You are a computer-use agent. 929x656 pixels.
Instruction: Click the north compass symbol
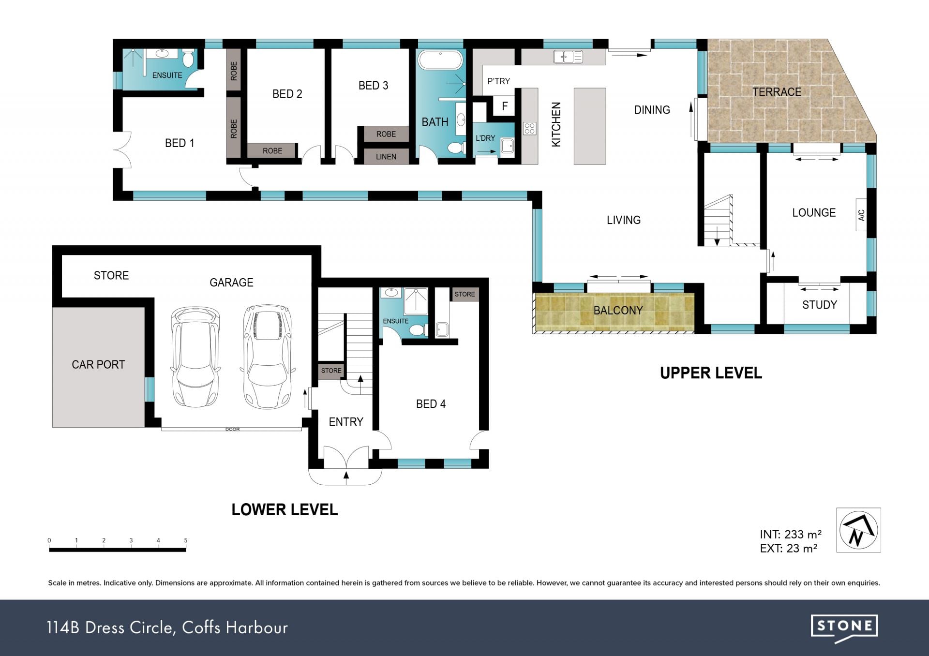click(x=858, y=530)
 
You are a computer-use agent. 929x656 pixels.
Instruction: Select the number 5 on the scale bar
click(x=186, y=540)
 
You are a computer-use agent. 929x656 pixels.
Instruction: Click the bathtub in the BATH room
click(x=440, y=60)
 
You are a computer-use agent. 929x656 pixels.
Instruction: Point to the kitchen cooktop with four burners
click(x=529, y=128)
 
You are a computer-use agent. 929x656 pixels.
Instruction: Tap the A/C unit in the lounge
click(x=861, y=215)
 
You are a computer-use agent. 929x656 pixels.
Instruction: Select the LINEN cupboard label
click(x=386, y=157)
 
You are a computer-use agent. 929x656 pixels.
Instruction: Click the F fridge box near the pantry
click(x=505, y=106)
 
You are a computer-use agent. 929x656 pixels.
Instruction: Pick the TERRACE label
click(x=777, y=92)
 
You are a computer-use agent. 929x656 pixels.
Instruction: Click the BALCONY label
click(x=618, y=311)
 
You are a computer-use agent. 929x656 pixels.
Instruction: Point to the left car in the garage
click(x=195, y=357)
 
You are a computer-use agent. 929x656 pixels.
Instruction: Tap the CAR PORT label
click(x=98, y=364)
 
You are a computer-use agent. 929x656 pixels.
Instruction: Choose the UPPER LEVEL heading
click(x=711, y=373)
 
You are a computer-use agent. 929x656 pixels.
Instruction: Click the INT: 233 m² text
click(x=791, y=534)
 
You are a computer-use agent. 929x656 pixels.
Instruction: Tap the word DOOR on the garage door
click(x=232, y=429)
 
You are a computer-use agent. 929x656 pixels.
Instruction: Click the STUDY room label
click(x=819, y=305)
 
